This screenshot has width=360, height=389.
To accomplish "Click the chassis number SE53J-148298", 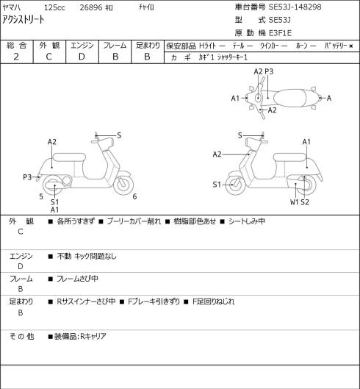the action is click(x=295, y=7).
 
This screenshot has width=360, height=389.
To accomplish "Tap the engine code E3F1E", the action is click(x=280, y=33).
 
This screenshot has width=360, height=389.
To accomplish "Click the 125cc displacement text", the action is click(x=54, y=7).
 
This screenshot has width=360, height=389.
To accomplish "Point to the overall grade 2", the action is click(x=16, y=57).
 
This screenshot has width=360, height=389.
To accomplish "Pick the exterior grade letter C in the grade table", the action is click(x=48, y=57).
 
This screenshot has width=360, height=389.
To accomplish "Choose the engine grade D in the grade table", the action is click(x=82, y=57).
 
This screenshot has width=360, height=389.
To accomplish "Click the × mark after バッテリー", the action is click(x=351, y=46).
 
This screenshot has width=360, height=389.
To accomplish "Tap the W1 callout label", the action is click(x=295, y=202).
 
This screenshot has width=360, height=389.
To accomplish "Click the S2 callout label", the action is click(x=305, y=202).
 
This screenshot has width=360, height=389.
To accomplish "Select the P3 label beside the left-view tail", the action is click(x=27, y=177).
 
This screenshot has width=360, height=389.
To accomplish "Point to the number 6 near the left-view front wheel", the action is click(x=134, y=196).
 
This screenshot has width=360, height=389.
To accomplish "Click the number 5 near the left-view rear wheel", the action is click(x=41, y=196).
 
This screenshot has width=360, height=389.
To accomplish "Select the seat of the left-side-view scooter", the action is click(x=69, y=157).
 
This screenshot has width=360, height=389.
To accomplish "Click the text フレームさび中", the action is click(x=77, y=279).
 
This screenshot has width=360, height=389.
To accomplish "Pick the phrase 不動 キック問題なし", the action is click(x=87, y=256).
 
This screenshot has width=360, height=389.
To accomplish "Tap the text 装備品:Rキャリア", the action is click(x=80, y=336).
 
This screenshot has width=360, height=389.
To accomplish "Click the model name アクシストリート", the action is click(x=24, y=19).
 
